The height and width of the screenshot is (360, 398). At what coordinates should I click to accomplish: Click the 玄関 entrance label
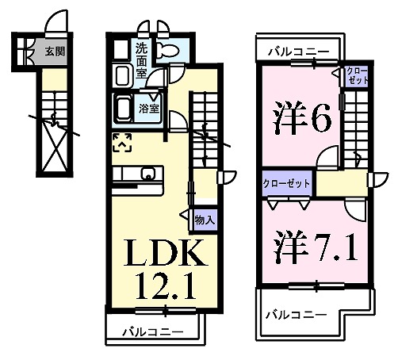(x=54, y=52)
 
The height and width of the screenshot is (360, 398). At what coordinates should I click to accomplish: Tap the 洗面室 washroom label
(x=141, y=59)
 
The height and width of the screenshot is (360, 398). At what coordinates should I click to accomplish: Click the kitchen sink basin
(x=148, y=173)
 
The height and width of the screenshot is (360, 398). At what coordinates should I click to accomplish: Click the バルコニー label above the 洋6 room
(x=297, y=51)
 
